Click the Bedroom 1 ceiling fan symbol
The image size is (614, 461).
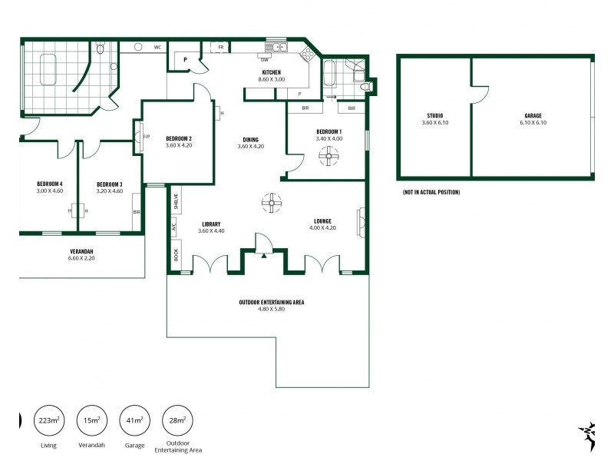coord(328,158)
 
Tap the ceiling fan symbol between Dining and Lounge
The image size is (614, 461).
coord(271,203)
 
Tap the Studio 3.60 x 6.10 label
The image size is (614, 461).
coord(434,119)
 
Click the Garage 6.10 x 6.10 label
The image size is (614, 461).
coord(533,119)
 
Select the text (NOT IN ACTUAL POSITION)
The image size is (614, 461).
coord(431,192)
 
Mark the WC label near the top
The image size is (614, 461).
coord(157,48)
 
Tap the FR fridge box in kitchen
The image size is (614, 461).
coord(220,48)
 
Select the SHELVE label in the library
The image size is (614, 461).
coord(176,201)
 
